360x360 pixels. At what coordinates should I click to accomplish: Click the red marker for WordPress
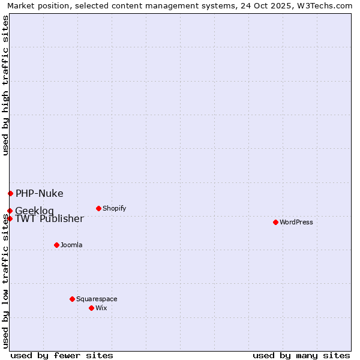tap(275, 222)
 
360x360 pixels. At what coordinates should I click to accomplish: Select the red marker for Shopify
tap(98, 208)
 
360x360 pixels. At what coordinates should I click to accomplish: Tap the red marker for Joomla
tap(56, 245)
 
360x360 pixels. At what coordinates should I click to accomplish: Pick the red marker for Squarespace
tap(72, 299)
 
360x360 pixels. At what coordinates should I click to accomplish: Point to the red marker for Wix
tap(91, 308)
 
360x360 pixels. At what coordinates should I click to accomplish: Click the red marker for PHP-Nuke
tap(10, 193)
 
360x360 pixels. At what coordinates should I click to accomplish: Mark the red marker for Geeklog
tap(10, 211)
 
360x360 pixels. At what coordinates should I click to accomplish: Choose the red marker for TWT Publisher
tap(10, 218)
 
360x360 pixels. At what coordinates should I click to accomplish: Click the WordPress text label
tap(296, 222)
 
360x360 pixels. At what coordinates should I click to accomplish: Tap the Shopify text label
tap(114, 208)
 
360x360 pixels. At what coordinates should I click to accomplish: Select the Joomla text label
tap(71, 245)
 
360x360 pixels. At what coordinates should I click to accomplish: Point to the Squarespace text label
tap(97, 299)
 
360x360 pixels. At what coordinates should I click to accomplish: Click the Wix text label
tap(101, 308)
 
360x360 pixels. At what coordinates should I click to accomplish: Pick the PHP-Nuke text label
tap(39, 193)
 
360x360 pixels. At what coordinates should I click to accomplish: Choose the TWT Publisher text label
tap(49, 218)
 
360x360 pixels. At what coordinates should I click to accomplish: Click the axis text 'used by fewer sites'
tap(62, 355)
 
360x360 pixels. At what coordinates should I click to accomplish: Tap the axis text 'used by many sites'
tap(301, 355)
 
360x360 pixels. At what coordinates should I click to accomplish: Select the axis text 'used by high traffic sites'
tap(5, 85)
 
